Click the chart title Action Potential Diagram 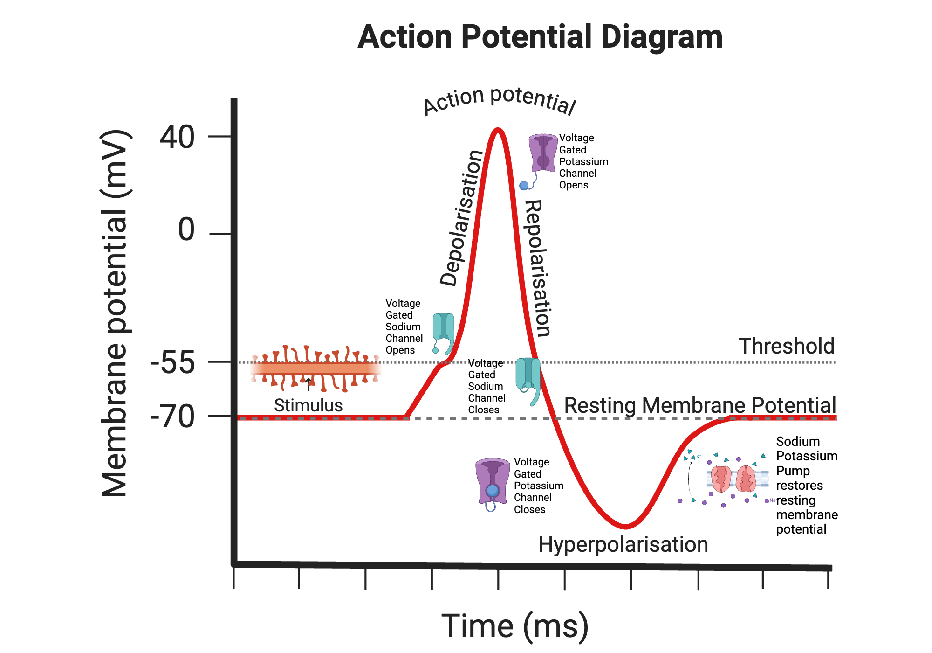(x=540, y=37)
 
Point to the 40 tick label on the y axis (x=177, y=138)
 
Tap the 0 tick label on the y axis (x=186, y=230)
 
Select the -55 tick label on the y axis (x=172, y=363)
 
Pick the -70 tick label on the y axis (x=172, y=417)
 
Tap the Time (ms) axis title (x=515, y=626)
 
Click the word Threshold (x=787, y=347)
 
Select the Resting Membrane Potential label (x=700, y=405)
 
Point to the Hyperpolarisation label (x=623, y=545)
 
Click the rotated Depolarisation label (x=461, y=218)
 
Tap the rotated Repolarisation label (x=538, y=268)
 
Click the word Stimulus (x=308, y=405)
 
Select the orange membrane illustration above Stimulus (x=316, y=369)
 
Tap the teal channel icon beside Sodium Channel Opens (x=443, y=329)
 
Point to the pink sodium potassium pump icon (x=733, y=479)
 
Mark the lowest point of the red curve (x=625, y=527)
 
